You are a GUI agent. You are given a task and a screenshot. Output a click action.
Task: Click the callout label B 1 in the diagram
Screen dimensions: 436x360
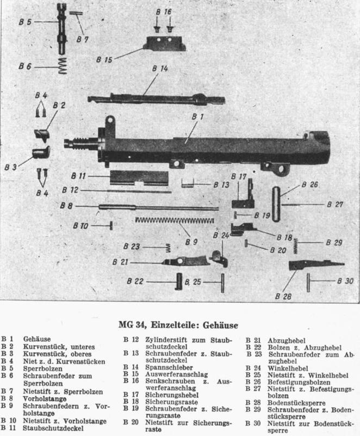pos(197,116)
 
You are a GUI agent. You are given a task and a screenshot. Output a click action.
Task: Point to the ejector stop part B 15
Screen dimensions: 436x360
pos(165,42)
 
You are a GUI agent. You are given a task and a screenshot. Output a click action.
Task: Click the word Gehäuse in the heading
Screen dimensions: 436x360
pos(220,326)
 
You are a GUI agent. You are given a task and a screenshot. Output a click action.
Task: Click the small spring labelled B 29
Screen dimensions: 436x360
pos(296,246)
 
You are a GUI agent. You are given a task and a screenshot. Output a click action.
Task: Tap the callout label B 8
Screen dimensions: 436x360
pos(66,206)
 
